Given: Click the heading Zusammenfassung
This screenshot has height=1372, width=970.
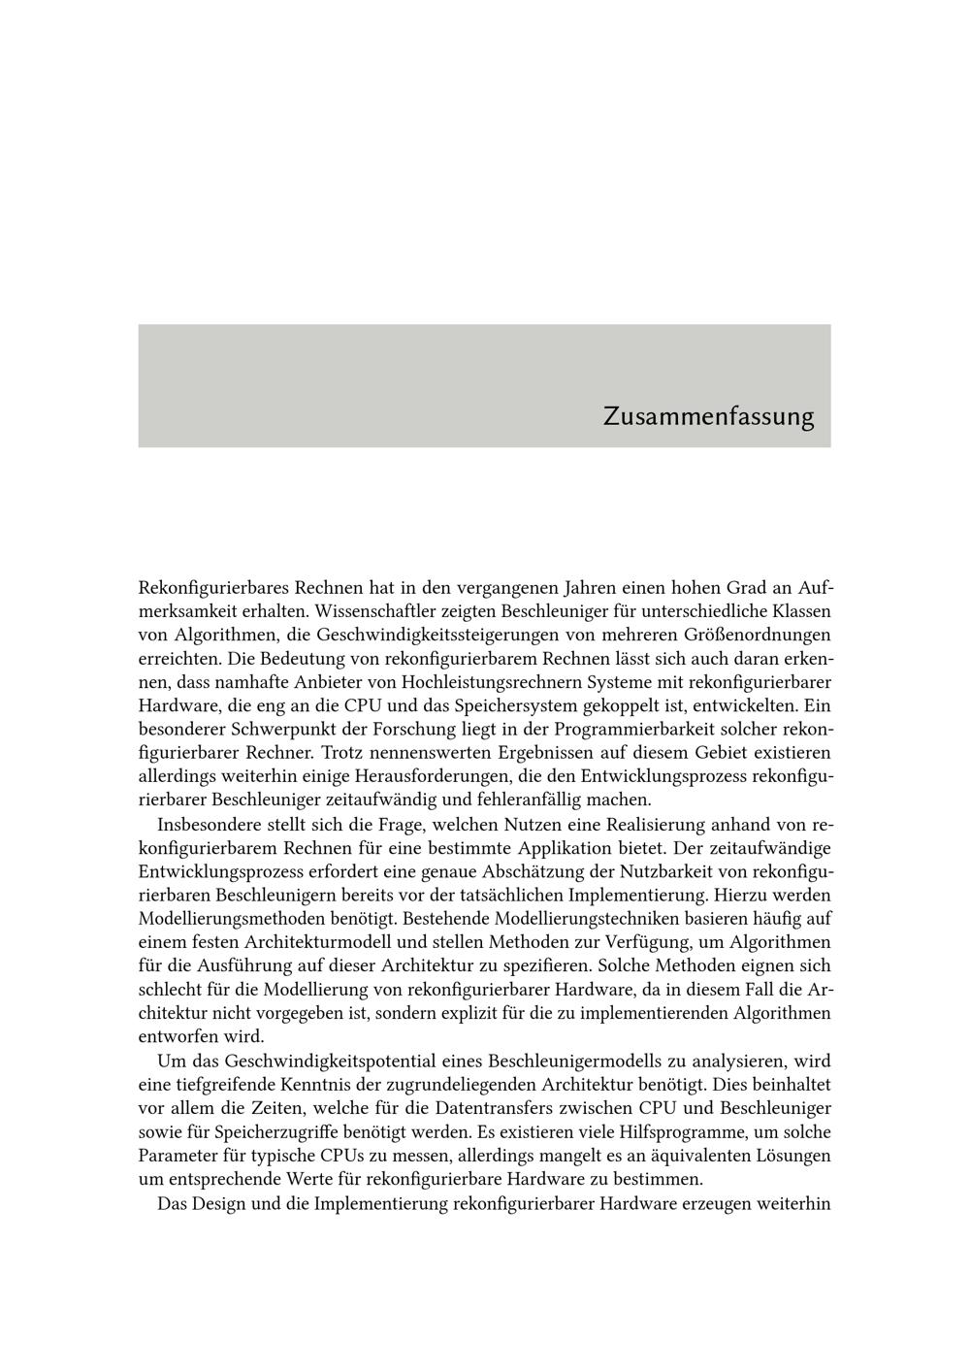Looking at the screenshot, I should click(708, 416).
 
